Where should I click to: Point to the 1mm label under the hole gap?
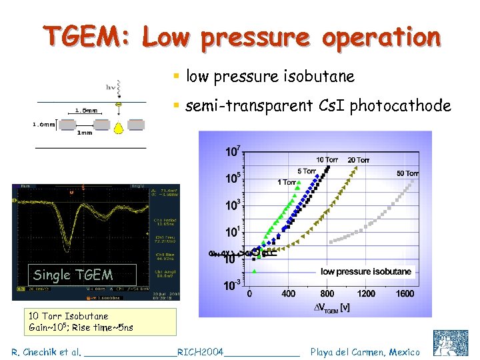[x=85, y=133]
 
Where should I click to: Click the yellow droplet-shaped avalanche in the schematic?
[x=118, y=126]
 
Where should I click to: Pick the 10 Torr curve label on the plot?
[x=327, y=160]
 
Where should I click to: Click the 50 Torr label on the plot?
[x=407, y=173]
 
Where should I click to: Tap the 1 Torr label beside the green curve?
[x=287, y=182]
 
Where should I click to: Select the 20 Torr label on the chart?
[x=358, y=160]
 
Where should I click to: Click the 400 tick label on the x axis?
[x=289, y=293]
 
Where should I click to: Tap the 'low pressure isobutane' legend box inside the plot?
[x=366, y=271]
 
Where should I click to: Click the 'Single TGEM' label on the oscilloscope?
[x=73, y=275]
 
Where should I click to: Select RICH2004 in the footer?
[x=200, y=351]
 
